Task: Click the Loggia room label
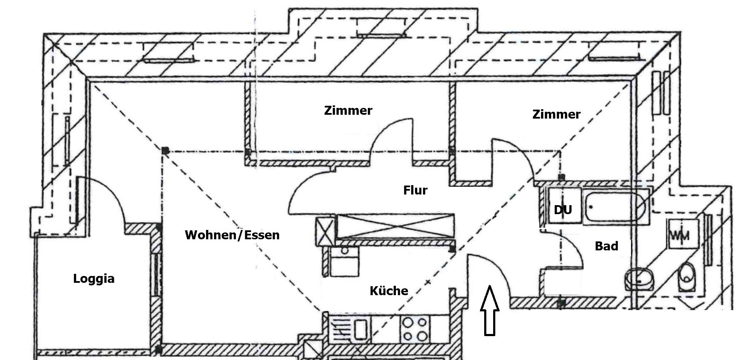click(x=94, y=279)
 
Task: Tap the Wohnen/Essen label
click(x=232, y=235)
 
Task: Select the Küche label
click(x=389, y=291)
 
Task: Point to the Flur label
click(x=415, y=190)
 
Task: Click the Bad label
click(x=606, y=246)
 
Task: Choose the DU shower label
click(x=563, y=210)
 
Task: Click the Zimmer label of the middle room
click(x=348, y=110)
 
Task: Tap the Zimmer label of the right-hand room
click(x=556, y=114)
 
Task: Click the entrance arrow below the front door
click(x=489, y=311)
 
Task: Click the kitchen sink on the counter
click(x=361, y=329)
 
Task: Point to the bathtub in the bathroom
click(x=615, y=206)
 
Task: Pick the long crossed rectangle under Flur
click(x=395, y=226)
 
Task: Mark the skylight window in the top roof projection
click(x=381, y=35)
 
